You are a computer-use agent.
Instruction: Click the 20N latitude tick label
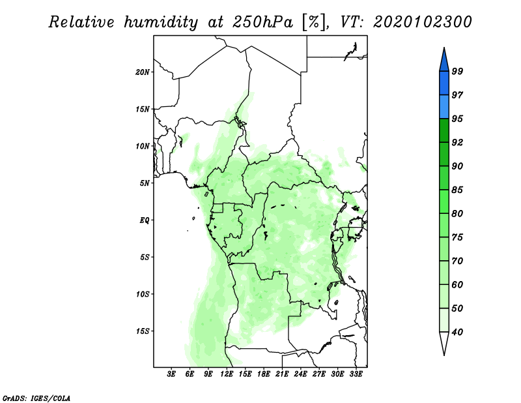coord(143,72)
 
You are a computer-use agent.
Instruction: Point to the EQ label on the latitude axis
coord(145,220)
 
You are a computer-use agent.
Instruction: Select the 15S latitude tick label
coord(143,331)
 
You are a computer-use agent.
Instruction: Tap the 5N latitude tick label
coord(145,183)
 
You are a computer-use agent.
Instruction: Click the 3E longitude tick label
coord(171,374)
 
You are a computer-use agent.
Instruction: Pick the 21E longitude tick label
coord(282,374)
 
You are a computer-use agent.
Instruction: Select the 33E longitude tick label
coord(356,374)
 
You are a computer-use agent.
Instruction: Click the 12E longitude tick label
coord(227,374)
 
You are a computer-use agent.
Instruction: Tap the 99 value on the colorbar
coord(457,71)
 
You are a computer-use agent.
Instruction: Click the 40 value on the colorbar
coord(457,332)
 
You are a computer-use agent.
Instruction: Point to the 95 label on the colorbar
coord(457,119)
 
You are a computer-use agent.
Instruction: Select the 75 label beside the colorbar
coord(457,237)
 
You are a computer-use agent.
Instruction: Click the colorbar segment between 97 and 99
coord(444,83)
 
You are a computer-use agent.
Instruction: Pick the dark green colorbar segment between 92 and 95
coord(444,130)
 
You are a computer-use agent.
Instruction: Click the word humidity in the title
coord(161,22)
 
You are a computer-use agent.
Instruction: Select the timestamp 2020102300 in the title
coord(422,22)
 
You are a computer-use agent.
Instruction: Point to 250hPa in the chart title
coord(263,22)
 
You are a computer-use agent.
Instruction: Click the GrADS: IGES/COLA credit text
coord(36,398)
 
